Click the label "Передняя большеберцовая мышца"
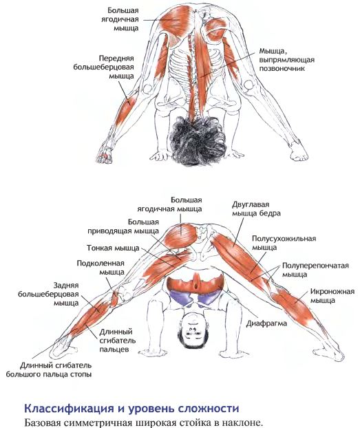coord(103,67)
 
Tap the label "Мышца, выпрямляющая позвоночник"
coord(286,59)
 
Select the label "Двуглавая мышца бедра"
coord(256,208)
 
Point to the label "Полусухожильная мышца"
coord(284,243)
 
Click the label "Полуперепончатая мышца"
coord(315,270)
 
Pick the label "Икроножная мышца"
coord(332,296)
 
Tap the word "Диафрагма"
coord(266,323)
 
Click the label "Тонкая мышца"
coord(113,248)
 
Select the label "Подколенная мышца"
coord(100,268)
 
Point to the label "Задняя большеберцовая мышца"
coord(48,294)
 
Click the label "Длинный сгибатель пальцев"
coord(118,341)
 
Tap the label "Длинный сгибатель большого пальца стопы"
coord(49,370)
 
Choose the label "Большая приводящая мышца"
coord(123,226)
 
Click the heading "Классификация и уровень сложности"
coord(131,409)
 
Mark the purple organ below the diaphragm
coord(195,297)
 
